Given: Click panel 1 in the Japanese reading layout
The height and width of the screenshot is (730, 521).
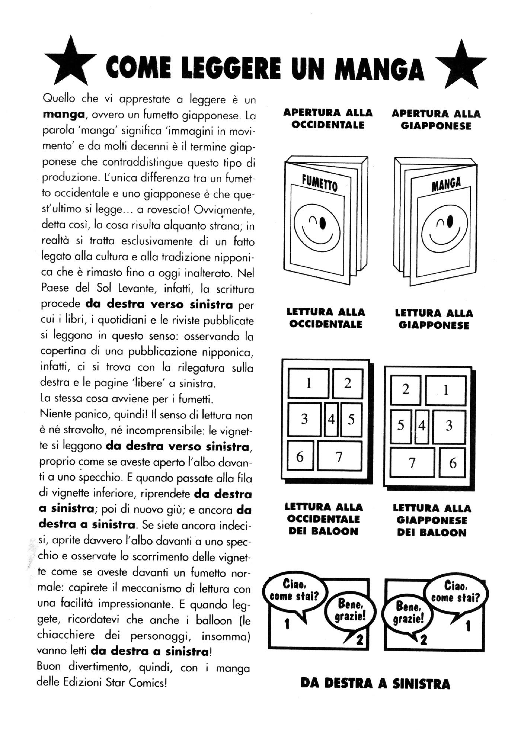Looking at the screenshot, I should coord(446,390).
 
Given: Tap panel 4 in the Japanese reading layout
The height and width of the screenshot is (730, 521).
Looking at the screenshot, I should coord(422,426).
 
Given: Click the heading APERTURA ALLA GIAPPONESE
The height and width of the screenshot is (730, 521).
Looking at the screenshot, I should coord(436,120).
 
